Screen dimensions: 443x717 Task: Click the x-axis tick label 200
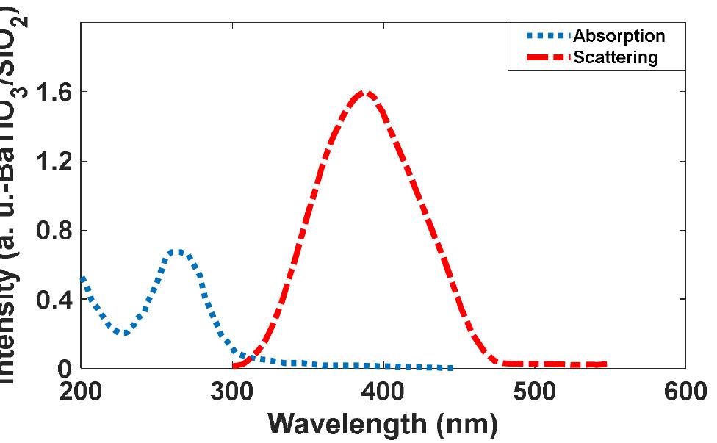81,389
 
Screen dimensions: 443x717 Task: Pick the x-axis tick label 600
685,389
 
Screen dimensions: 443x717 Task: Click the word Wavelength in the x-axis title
345,424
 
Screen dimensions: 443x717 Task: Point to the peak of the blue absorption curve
179,251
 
